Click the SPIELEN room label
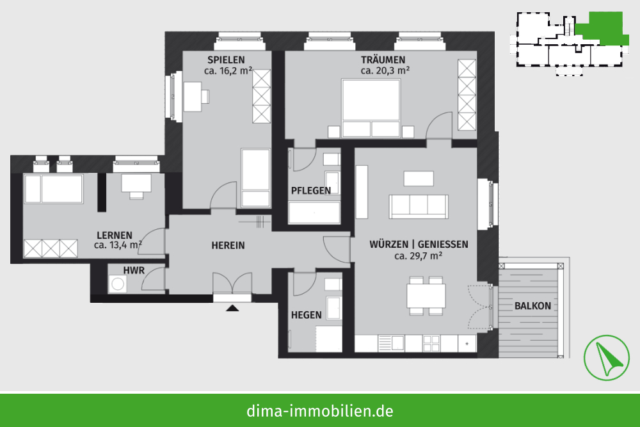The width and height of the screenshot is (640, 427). point(226,60)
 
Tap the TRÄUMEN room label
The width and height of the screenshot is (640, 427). point(383,60)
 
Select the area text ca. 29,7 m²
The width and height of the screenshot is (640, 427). point(419,256)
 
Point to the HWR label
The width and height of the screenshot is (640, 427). point(134,270)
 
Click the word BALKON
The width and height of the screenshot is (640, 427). point(532,306)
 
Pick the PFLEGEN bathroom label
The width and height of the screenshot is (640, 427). point(310,191)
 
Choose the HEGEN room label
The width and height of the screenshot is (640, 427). point(306,315)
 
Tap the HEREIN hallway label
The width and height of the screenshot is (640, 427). point(228,245)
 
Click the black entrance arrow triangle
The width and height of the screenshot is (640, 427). point(232,308)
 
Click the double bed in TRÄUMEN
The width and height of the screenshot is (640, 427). point(371,108)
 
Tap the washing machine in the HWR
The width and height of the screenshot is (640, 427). point(118,284)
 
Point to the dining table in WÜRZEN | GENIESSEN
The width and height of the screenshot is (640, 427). point(426,296)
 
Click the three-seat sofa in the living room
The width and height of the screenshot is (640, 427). point(419,207)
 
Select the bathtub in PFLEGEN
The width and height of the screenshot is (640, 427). point(314,213)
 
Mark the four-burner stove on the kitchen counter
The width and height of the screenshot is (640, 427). point(431,343)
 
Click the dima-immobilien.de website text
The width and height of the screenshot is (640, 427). point(320,410)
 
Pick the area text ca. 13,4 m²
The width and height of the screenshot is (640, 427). point(118,245)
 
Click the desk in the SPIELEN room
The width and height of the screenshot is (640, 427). point(193,97)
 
